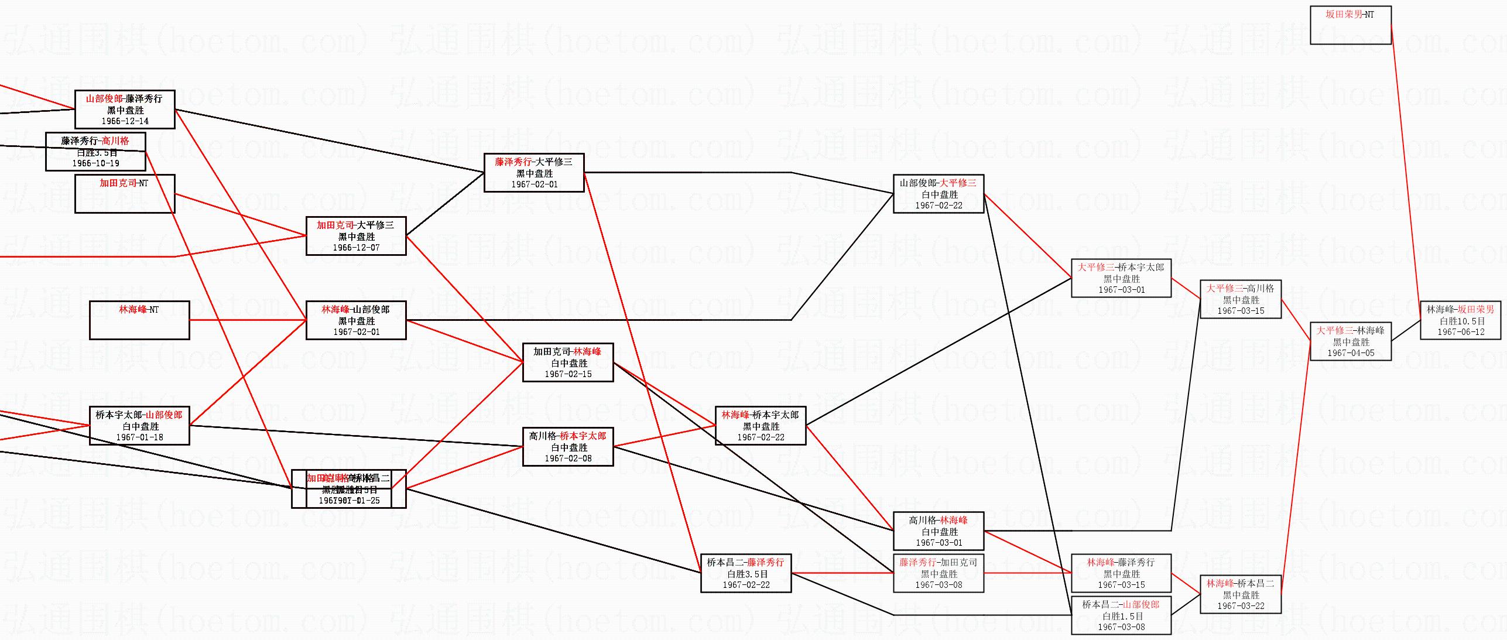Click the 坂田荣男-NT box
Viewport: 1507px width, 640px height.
pyautogui.click(x=1350, y=25)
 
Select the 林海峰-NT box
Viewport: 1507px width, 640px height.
pyautogui.click(x=139, y=320)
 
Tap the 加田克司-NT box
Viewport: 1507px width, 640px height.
pyautogui.click(x=125, y=194)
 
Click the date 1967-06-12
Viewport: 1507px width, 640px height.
pyautogui.click(x=1461, y=332)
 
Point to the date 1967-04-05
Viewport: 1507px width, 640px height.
pyautogui.click(x=1351, y=353)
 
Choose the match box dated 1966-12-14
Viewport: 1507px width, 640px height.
pyautogui.click(x=125, y=109)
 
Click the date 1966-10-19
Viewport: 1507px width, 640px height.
pyautogui.click(x=95, y=163)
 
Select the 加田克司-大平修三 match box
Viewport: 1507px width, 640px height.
pyautogui.click(x=356, y=236)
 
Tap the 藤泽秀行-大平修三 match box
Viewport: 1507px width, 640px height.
pyautogui.click(x=534, y=173)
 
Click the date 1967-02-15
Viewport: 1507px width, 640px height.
pyautogui.click(x=568, y=374)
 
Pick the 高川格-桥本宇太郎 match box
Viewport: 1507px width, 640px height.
pyautogui.click(x=568, y=447)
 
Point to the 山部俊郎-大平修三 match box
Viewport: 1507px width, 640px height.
pyautogui.click(x=939, y=194)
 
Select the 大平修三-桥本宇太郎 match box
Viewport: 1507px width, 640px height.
pyautogui.click(x=1121, y=278)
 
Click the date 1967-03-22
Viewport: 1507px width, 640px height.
pyautogui.click(x=1241, y=606)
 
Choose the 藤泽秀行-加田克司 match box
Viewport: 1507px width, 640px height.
pyautogui.click(x=939, y=573)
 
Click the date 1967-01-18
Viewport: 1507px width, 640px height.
pyautogui.click(x=139, y=437)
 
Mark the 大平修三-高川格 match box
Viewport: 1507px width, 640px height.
pyautogui.click(x=1241, y=299)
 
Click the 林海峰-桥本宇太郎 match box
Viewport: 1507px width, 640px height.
pyautogui.click(x=761, y=426)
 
